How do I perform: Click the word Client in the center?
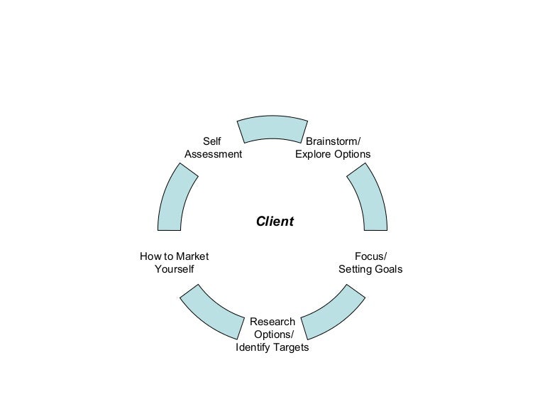(x=275, y=222)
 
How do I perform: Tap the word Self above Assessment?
(x=211, y=141)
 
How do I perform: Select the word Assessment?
(x=213, y=154)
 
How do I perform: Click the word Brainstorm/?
(x=333, y=141)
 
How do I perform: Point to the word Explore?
(x=312, y=154)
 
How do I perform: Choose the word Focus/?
(x=370, y=256)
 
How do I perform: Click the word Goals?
(x=388, y=269)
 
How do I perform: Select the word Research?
(x=272, y=322)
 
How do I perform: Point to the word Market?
(x=192, y=256)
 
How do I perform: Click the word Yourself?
(x=175, y=269)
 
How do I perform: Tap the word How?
(x=150, y=256)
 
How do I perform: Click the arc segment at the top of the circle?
(x=272, y=128)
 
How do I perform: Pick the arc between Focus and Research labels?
(x=333, y=312)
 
